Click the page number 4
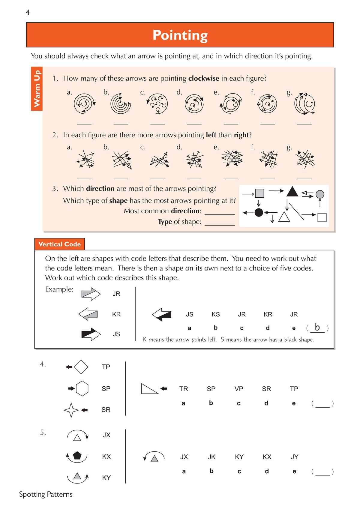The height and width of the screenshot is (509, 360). [28, 12]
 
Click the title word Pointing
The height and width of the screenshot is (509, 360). [180, 35]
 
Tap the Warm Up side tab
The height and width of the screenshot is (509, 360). [37, 89]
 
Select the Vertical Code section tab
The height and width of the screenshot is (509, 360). [59, 244]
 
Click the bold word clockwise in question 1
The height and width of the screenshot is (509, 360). [203, 79]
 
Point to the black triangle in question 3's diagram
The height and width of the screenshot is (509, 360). [292, 192]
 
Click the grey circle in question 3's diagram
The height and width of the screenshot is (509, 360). [320, 194]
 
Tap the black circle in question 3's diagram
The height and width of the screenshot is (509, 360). [259, 213]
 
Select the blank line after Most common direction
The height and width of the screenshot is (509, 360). [220, 211]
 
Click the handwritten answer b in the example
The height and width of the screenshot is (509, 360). [317, 327]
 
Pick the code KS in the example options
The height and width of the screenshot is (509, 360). [215, 314]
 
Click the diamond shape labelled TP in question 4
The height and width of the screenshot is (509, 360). [81, 367]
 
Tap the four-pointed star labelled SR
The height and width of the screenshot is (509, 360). [71, 410]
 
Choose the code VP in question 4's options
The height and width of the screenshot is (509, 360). [238, 389]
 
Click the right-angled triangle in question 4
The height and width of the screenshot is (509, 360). [148, 389]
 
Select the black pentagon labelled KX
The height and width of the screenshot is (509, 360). [77, 456]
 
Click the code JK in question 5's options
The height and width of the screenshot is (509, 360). [211, 457]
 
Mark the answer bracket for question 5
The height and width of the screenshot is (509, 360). [322, 472]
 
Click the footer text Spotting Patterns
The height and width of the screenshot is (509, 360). [46, 494]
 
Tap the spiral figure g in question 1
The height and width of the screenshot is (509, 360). [304, 104]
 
